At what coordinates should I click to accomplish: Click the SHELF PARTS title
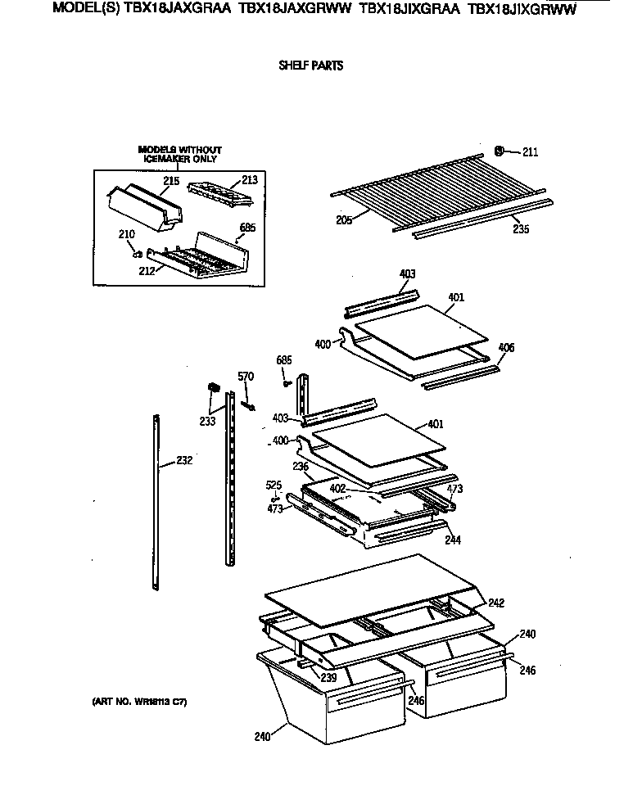pos(311,66)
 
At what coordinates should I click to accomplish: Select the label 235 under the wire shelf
pos(520,229)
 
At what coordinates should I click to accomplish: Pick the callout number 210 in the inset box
pos(126,236)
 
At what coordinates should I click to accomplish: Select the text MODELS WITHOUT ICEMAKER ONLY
pos(179,154)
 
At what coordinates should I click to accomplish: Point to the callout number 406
pos(506,348)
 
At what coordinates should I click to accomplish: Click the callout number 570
pos(246,377)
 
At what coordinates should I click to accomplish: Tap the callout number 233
pos(207,421)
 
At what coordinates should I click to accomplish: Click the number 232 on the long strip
pos(184,461)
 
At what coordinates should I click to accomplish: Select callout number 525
pos(274,485)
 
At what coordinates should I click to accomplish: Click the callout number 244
pos(452,541)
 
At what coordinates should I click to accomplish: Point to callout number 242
pos(495,603)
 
